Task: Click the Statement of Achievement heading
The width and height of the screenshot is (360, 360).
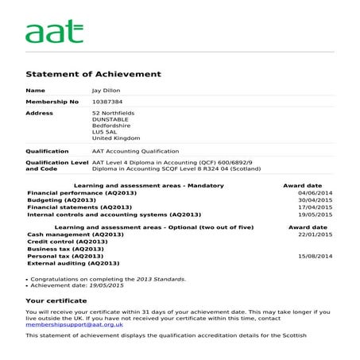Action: click(93, 74)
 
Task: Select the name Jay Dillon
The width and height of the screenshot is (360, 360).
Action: click(107, 91)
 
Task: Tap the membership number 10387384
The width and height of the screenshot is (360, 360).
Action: click(107, 102)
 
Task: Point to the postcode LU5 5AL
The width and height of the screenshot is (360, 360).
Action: click(104, 132)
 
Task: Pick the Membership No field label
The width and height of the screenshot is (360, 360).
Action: click(52, 102)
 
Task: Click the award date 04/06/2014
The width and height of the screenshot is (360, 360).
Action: click(315, 193)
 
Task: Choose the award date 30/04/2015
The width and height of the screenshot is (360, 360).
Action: click(315, 200)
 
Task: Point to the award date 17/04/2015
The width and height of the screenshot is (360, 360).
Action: click(315, 207)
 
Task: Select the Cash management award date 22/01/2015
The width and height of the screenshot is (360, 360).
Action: click(315, 234)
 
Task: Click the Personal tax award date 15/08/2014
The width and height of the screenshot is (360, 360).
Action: click(315, 256)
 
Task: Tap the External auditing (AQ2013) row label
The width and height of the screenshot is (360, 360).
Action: click(73, 263)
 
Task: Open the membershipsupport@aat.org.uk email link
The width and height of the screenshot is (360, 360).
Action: click(74, 325)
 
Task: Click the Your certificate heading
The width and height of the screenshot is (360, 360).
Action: click(56, 301)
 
